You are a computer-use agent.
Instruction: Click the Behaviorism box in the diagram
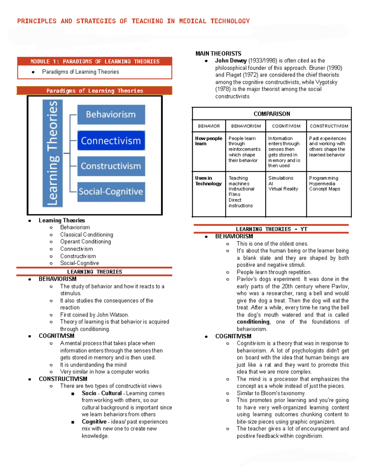pyautogui.click(x=111, y=114)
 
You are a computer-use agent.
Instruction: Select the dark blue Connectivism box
pyautogui.click(x=111, y=141)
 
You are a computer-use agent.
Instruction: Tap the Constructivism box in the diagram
pyautogui.click(x=111, y=166)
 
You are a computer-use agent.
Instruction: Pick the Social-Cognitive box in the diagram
pyautogui.click(x=111, y=192)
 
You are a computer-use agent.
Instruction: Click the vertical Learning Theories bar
pyautogui.click(x=52, y=153)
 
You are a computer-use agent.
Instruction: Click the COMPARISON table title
pyautogui.click(x=272, y=114)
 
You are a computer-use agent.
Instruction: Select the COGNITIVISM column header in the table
pyautogui.click(x=286, y=126)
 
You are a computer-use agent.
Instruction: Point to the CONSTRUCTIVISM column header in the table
pyautogui.click(x=329, y=126)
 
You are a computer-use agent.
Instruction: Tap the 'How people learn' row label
pyautogui.click(x=209, y=141)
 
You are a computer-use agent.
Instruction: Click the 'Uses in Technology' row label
pyautogui.click(x=208, y=181)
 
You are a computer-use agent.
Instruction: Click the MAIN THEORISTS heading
pyautogui.click(x=218, y=54)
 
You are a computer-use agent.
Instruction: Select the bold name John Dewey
pyautogui.click(x=231, y=61)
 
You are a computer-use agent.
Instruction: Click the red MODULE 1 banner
pyautogui.click(x=95, y=62)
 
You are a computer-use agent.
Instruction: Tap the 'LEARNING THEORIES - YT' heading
pyautogui.click(x=271, y=229)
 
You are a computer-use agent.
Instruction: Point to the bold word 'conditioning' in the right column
pyautogui.click(x=253, y=322)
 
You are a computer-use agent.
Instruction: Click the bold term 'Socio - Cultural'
pyautogui.click(x=102, y=393)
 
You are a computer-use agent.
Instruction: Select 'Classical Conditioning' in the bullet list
pyautogui.click(x=87, y=235)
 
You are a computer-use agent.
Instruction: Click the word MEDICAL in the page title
pyautogui.click(x=192, y=21)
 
